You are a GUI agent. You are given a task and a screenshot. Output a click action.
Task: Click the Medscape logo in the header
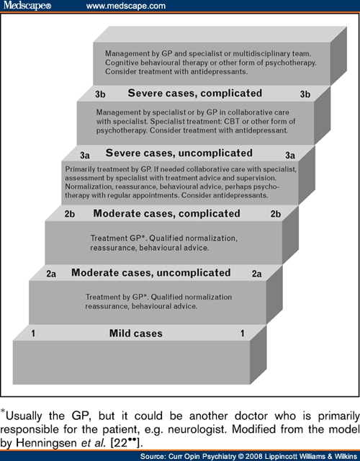click(x=27, y=6)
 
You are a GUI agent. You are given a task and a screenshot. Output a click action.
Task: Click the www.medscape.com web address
click(x=126, y=6)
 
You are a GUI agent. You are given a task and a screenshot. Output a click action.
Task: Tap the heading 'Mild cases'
click(x=136, y=334)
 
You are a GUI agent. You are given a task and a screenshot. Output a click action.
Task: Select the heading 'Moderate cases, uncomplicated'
click(x=151, y=273)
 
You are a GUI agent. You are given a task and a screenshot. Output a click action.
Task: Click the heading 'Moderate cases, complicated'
click(x=166, y=214)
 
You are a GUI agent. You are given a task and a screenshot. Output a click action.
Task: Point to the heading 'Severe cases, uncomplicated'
click(x=179, y=153)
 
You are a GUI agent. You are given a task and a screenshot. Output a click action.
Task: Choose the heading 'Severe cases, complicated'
click(x=195, y=94)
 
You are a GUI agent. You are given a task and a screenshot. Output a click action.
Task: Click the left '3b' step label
click(x=100, y=94)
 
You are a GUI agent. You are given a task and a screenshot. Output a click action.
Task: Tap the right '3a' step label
click(x=290, y=156)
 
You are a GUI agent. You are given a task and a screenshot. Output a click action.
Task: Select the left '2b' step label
click(x=70, y=214)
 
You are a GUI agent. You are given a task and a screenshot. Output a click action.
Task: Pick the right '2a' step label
click(x=256, y=274)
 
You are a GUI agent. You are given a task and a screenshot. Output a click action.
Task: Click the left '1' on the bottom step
click(x=33, y=334)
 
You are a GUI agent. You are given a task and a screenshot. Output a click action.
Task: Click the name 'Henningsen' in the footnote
click(x=47, y=443)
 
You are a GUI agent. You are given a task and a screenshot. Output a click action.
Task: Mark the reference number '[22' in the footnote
click(x=119, y=443)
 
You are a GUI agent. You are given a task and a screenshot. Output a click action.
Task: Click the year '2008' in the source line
click(x=254, y=456)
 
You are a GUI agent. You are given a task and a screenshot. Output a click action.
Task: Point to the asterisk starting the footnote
click(x=3, y=411)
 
